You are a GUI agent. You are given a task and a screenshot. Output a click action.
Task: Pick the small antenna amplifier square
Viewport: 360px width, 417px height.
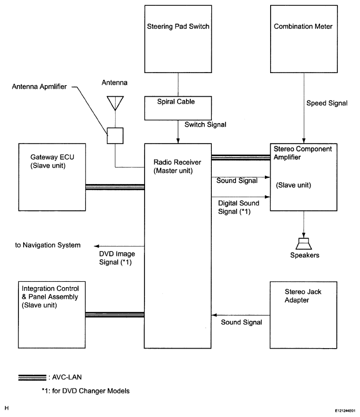[x=115, y=136]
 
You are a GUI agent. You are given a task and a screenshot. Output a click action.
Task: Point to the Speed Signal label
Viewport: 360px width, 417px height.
[x=326, y=104]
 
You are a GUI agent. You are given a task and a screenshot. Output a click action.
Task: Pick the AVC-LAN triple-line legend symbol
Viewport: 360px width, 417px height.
[x=32, y=378]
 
